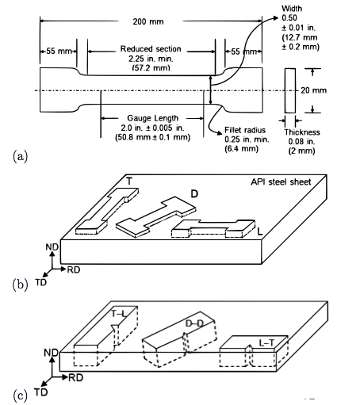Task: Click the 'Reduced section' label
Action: (151, 50)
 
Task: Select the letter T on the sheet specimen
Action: (128, 181)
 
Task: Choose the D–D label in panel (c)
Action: (193, 325)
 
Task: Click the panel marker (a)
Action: (21, 155)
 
